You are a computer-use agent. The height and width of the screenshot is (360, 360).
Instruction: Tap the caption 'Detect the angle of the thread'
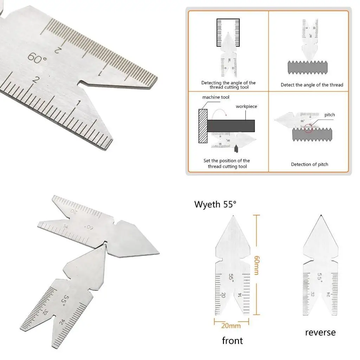click(x=312, y=85)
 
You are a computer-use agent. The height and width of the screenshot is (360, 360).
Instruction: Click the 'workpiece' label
click(x=246, y=106)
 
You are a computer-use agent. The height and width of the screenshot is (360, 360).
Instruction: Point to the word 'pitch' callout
click(x=329, y=115)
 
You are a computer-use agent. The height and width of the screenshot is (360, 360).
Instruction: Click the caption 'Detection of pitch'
click(x=309, y=164)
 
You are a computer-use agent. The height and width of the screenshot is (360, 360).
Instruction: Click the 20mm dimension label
click(x=231, y=326)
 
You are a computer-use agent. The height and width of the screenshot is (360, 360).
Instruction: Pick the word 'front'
click(x=232, y=340)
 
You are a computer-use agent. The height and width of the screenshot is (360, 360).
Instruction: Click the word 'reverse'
click(x=320, y=332)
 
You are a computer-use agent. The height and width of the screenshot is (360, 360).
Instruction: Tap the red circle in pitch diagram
click(x=309, y=128)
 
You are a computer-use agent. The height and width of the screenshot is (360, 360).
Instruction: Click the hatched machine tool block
click(x=203, y=126)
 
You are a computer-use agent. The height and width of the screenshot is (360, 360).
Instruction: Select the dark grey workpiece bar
click(x=231, y=125)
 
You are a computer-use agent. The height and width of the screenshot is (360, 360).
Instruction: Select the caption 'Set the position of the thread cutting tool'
click(x=227, y=163)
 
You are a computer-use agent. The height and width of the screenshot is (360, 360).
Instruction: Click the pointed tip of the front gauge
click(x=232, y=216)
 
